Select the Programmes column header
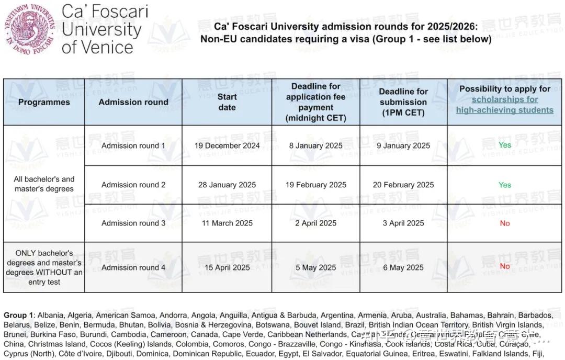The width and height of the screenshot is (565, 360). coord(44,102)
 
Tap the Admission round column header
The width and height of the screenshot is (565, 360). coord(133,102)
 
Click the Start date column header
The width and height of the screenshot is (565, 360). coord(227,102)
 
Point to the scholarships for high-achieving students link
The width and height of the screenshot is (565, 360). coord(504,105)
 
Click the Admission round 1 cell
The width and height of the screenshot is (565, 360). coord(133,145)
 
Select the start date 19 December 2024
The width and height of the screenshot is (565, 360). coord(227,145)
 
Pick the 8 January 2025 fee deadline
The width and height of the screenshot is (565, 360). coord(316,145)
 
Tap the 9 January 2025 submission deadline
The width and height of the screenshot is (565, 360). coord(403,145)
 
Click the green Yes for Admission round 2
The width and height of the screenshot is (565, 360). coord(505,185)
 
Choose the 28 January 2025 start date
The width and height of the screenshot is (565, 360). coord(227,185)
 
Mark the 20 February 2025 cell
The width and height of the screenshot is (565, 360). coord(403,185)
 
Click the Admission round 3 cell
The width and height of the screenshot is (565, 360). coord(133,223)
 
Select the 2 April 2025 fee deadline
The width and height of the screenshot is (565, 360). coord(316,223)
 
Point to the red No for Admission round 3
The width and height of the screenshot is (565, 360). coord(505,223)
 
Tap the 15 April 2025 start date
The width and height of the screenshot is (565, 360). coord(227,267)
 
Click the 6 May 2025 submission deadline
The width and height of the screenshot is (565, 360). coord(403,267)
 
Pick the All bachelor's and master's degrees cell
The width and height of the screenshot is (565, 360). coord(44,184)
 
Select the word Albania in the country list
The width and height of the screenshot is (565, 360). coord(51,316)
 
